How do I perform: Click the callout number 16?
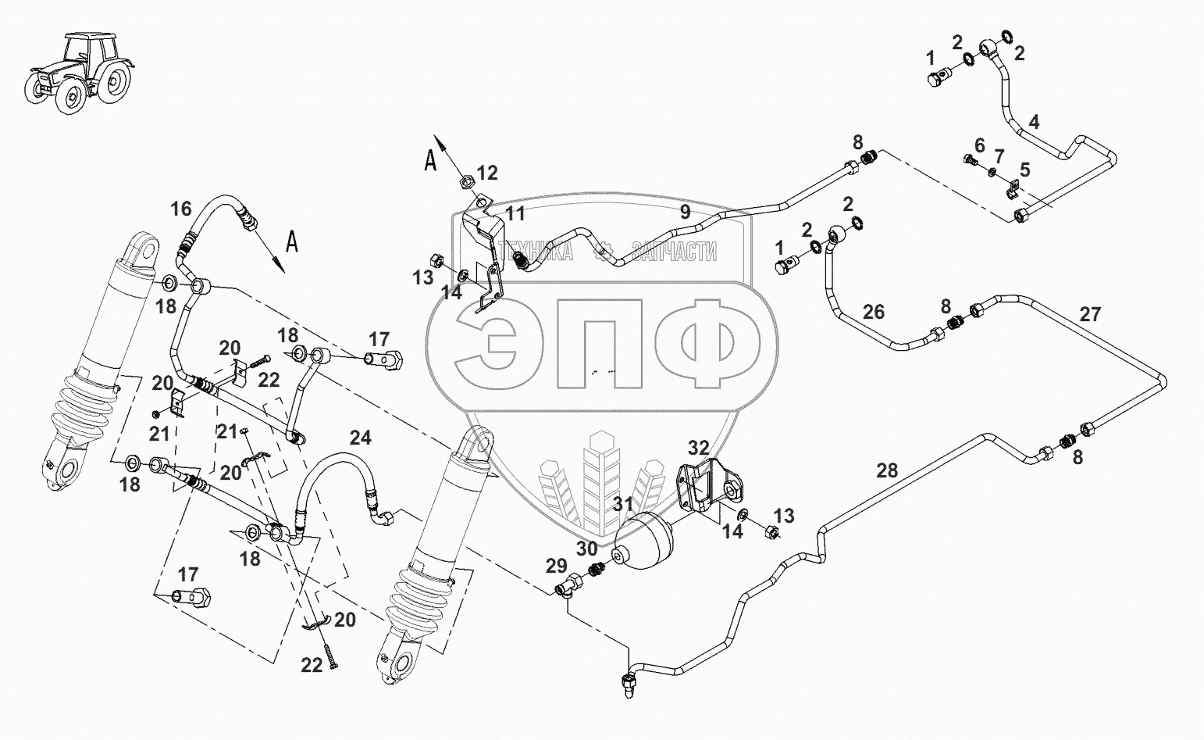click(x=180, y=209)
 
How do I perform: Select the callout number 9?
click(x=684, y=211)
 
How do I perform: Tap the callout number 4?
click(x=1034, y=122)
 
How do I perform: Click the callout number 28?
click(x=887, y=470)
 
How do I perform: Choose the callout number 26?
click(x=873, y=312)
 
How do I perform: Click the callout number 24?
click(x=360, y=438)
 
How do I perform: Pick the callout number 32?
click(x=698, y=448)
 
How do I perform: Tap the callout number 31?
click(x=622, y=506)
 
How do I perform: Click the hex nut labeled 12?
click(x=463, y=181)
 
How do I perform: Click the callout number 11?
click(x=515, y=213)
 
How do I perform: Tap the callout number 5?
click(x=1024, y=169)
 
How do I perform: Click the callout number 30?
click(x=586, y=548)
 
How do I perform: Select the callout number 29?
click(x=556, y=565)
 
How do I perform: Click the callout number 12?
click(x=487, y=173)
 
